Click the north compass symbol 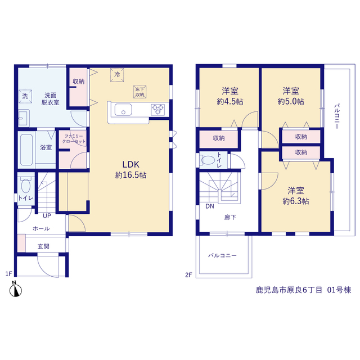(15, 289)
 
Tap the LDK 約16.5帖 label (130, 170)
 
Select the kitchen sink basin (123, 110)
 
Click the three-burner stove (157, 109)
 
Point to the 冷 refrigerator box (117, 75)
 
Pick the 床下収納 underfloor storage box (140, 92)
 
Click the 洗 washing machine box (25, 96)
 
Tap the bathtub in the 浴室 (26, 150)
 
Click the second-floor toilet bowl (208, 160)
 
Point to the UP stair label (47, 216)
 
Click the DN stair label (210, 206)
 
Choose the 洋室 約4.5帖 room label (230, 96)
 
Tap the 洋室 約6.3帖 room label (296, 196)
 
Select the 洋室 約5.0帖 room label (291, 96)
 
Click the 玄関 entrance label (43, 246)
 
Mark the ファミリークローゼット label (74, 139)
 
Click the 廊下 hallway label (230, 217)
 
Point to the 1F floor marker (9, 274)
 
